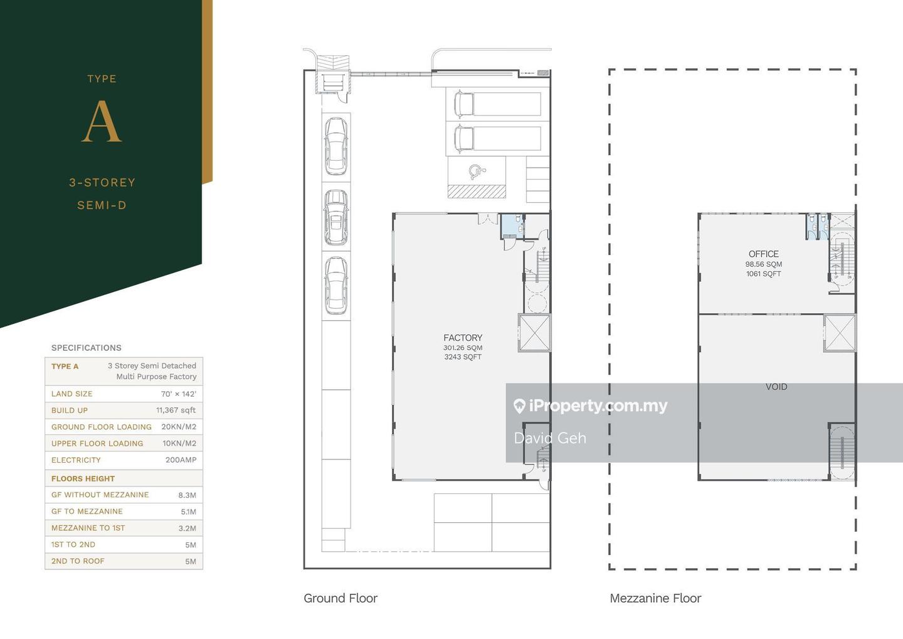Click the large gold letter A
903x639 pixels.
coord(102,121)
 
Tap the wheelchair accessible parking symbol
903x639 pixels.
coord(477,171)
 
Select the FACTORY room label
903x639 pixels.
coord(463,338)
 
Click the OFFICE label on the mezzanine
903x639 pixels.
coord(764,254)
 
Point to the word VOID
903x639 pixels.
coord(776,387)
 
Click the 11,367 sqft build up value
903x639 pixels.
coord(176,411)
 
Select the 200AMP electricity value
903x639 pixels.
coord(181,460)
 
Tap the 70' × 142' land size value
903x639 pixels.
coord(179,394)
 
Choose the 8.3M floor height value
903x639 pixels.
coord(187,495)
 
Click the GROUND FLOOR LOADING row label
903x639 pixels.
coord(102,427)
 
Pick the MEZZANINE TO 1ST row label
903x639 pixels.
coord(88,528)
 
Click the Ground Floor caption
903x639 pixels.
coord(341,598)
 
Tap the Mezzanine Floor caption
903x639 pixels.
coord(655,598)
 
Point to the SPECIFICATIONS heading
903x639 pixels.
coord(87,348)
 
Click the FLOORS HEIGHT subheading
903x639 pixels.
coord(83,478)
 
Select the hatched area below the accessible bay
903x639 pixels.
coord(477,191)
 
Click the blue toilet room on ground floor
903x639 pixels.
coord(512,226)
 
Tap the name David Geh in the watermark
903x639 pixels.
coord(550,438)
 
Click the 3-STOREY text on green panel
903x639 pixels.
coord(102,183)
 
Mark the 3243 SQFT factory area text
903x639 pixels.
coord(463,357)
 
